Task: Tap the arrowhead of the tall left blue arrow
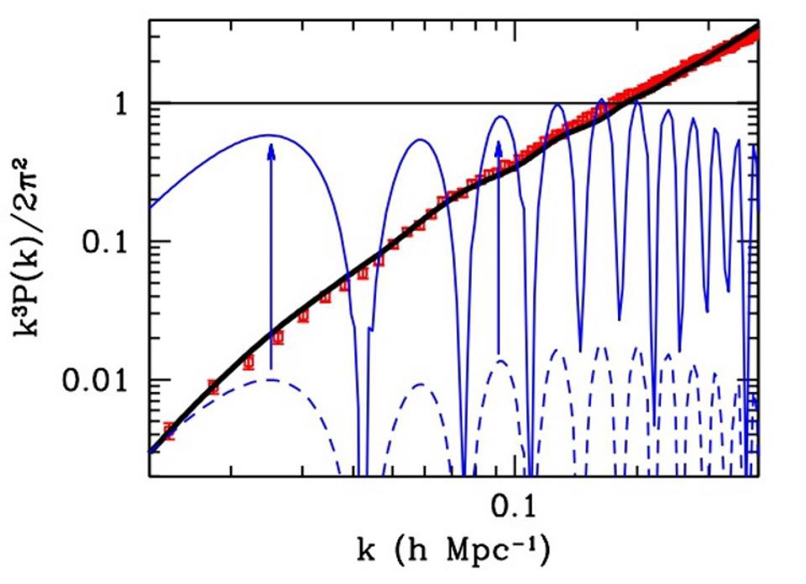pyautogui.click(x=270, y=149)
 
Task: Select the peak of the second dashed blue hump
pyautogui.click(x=422, y=384)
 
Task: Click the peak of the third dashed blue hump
pyautogui.click(x=500, y=361)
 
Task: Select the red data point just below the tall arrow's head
pyautogui.click(x=278, y=338)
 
